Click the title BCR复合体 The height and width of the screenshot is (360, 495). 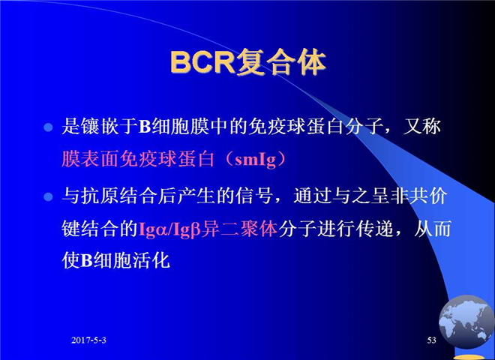248,62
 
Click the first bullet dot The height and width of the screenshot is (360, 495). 48,127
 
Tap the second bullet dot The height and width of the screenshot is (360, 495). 48,197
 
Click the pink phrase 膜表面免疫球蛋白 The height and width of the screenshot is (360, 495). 138,159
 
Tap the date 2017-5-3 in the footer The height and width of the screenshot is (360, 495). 88,340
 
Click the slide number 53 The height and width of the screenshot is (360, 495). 431,340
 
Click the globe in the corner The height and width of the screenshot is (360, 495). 466,322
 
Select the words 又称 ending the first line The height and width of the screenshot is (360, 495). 421,126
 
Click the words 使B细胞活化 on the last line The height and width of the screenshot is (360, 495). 115,261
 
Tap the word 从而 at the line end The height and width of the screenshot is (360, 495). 432,229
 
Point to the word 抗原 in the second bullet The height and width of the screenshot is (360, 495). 100,196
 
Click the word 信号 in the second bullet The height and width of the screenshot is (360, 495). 254,196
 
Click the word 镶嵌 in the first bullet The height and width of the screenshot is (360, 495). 100,126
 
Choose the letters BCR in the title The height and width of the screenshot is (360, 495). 202,62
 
